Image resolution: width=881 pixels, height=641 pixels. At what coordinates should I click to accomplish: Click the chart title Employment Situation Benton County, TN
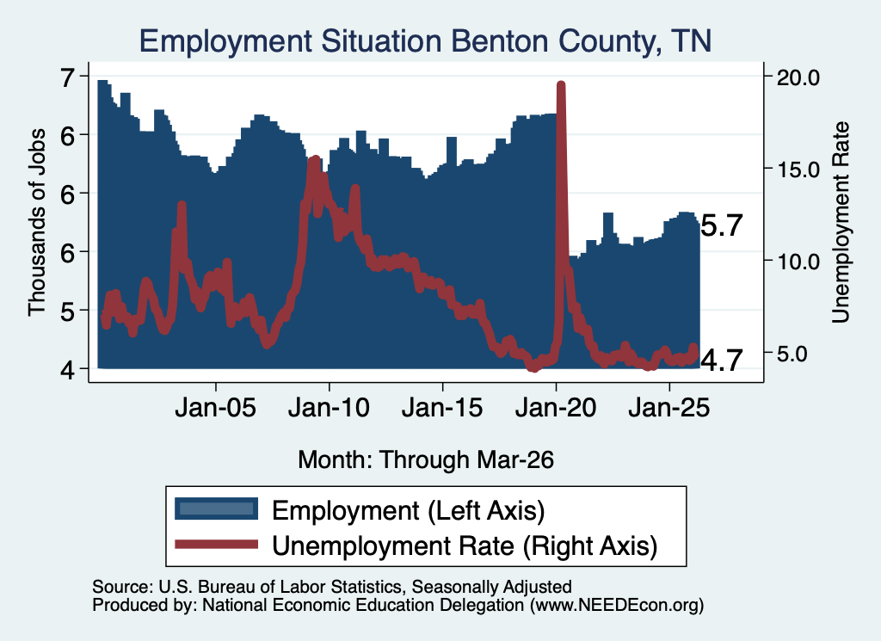pos(425,41)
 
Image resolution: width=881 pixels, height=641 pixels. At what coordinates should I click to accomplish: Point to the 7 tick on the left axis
pos(67,77)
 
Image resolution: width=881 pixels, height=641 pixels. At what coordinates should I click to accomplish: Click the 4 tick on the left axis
pos(67,370)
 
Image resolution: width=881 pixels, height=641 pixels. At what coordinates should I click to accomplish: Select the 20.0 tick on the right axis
pos(798,77)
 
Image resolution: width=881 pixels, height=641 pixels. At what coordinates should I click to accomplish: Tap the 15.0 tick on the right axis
pos(798,169)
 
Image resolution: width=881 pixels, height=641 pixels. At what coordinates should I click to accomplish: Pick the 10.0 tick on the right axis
pos(798,262)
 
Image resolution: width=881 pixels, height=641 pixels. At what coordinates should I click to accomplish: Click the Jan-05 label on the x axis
pos(215,408)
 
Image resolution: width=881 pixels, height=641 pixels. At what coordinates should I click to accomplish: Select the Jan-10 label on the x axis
pos(329,408)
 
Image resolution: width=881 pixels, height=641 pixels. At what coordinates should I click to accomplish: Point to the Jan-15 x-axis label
pos(442,408)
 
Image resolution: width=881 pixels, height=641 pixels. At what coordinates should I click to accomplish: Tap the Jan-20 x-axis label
pos(556,408)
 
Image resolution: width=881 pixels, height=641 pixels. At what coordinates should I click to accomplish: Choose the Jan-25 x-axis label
pos(669,408)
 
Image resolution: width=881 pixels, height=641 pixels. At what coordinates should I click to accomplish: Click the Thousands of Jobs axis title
pos(36,223)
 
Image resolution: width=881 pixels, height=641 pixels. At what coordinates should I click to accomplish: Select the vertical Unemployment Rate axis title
pos(841,223)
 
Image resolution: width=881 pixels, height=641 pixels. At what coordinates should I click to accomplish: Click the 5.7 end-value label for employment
pos(723,225)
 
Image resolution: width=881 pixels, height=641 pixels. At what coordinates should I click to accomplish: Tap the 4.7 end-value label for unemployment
pos(723,361)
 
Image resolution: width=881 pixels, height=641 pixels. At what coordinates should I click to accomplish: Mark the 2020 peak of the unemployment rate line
pos(561,85)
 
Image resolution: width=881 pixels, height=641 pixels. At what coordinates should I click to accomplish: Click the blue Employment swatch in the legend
pos(216,509)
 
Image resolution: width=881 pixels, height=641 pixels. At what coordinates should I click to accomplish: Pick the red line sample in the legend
pos(216,544)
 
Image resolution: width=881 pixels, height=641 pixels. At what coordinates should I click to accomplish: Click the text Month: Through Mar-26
pos(426,459)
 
